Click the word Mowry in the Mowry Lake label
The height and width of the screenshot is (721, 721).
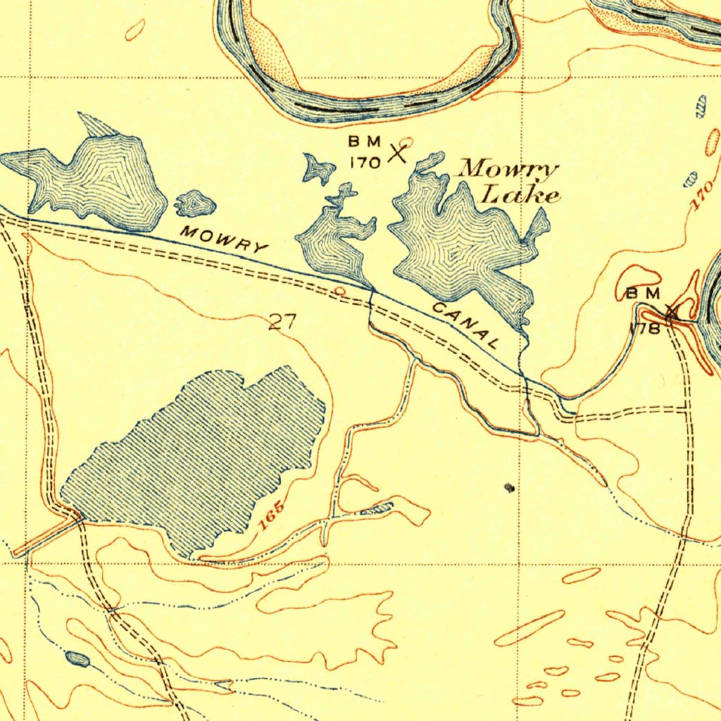(508, 170)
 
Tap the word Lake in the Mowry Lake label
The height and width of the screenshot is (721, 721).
(520, 195)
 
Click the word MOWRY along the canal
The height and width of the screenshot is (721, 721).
(224, 239)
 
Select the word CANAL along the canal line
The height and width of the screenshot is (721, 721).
(467, 325)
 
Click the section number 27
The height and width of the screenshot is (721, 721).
(283, 322)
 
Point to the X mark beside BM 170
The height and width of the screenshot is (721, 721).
(398, 152)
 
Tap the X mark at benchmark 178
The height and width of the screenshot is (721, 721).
(672, 311)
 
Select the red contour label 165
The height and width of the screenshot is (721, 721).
(271, 516)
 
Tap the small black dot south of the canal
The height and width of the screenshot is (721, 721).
(510, 487)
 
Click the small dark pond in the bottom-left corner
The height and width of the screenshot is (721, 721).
(77, 659)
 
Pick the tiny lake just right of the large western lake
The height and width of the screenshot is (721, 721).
(194, 203)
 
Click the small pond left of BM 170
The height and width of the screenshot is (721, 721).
(319, 169)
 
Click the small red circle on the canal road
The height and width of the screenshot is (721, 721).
(339, 290)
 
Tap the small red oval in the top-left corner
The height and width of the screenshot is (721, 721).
(134, 30)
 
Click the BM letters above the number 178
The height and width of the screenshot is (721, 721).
(643, 293)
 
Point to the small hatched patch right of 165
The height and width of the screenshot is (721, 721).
(376, 509)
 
